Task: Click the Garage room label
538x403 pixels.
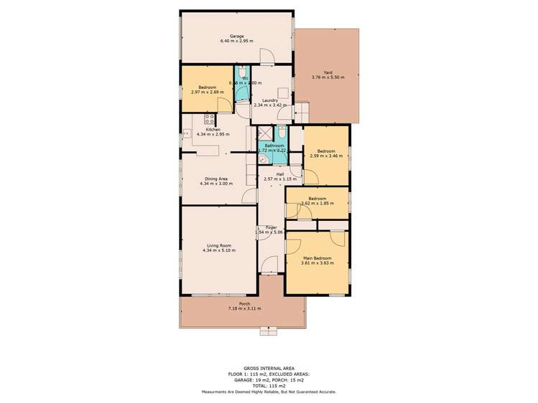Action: pos(236,36)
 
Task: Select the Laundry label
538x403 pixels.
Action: pos(270,100)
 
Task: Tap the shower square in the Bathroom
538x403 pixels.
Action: pos(265,134)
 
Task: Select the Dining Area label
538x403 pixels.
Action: pos(213,177)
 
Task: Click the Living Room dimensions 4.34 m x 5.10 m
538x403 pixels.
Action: pos(219,250)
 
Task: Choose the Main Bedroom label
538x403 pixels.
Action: pos(317,257)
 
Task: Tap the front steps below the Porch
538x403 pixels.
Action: pos(269,331)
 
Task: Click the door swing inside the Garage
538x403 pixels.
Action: pos(266,54)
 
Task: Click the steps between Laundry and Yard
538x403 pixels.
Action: pos(302,113)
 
